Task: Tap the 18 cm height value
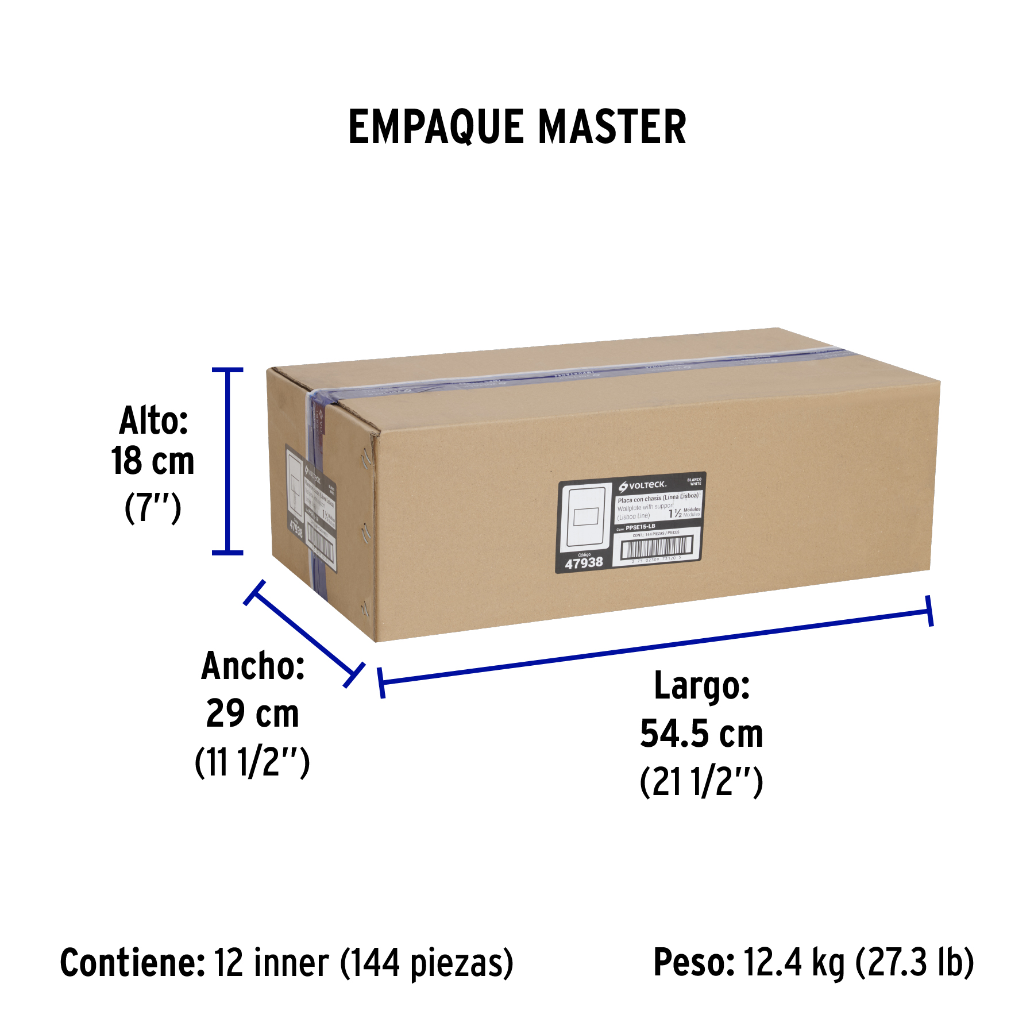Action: pos(153,461)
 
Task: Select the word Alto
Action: pos(153,420)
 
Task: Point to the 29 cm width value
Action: pos(252,713)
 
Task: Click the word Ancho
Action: pos(253,666)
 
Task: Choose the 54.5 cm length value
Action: pos(701,734)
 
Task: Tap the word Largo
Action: pos(702,686)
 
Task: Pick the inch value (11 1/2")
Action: pos(252,762)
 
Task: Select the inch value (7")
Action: pos(153,508)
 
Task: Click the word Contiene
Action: pos(132,963)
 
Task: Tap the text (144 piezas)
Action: pos(427,963)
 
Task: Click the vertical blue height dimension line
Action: pos(228,461)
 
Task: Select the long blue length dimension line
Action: pos(655,647)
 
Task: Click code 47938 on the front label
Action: pos(584,563)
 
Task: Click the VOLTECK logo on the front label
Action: pos(643,485)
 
